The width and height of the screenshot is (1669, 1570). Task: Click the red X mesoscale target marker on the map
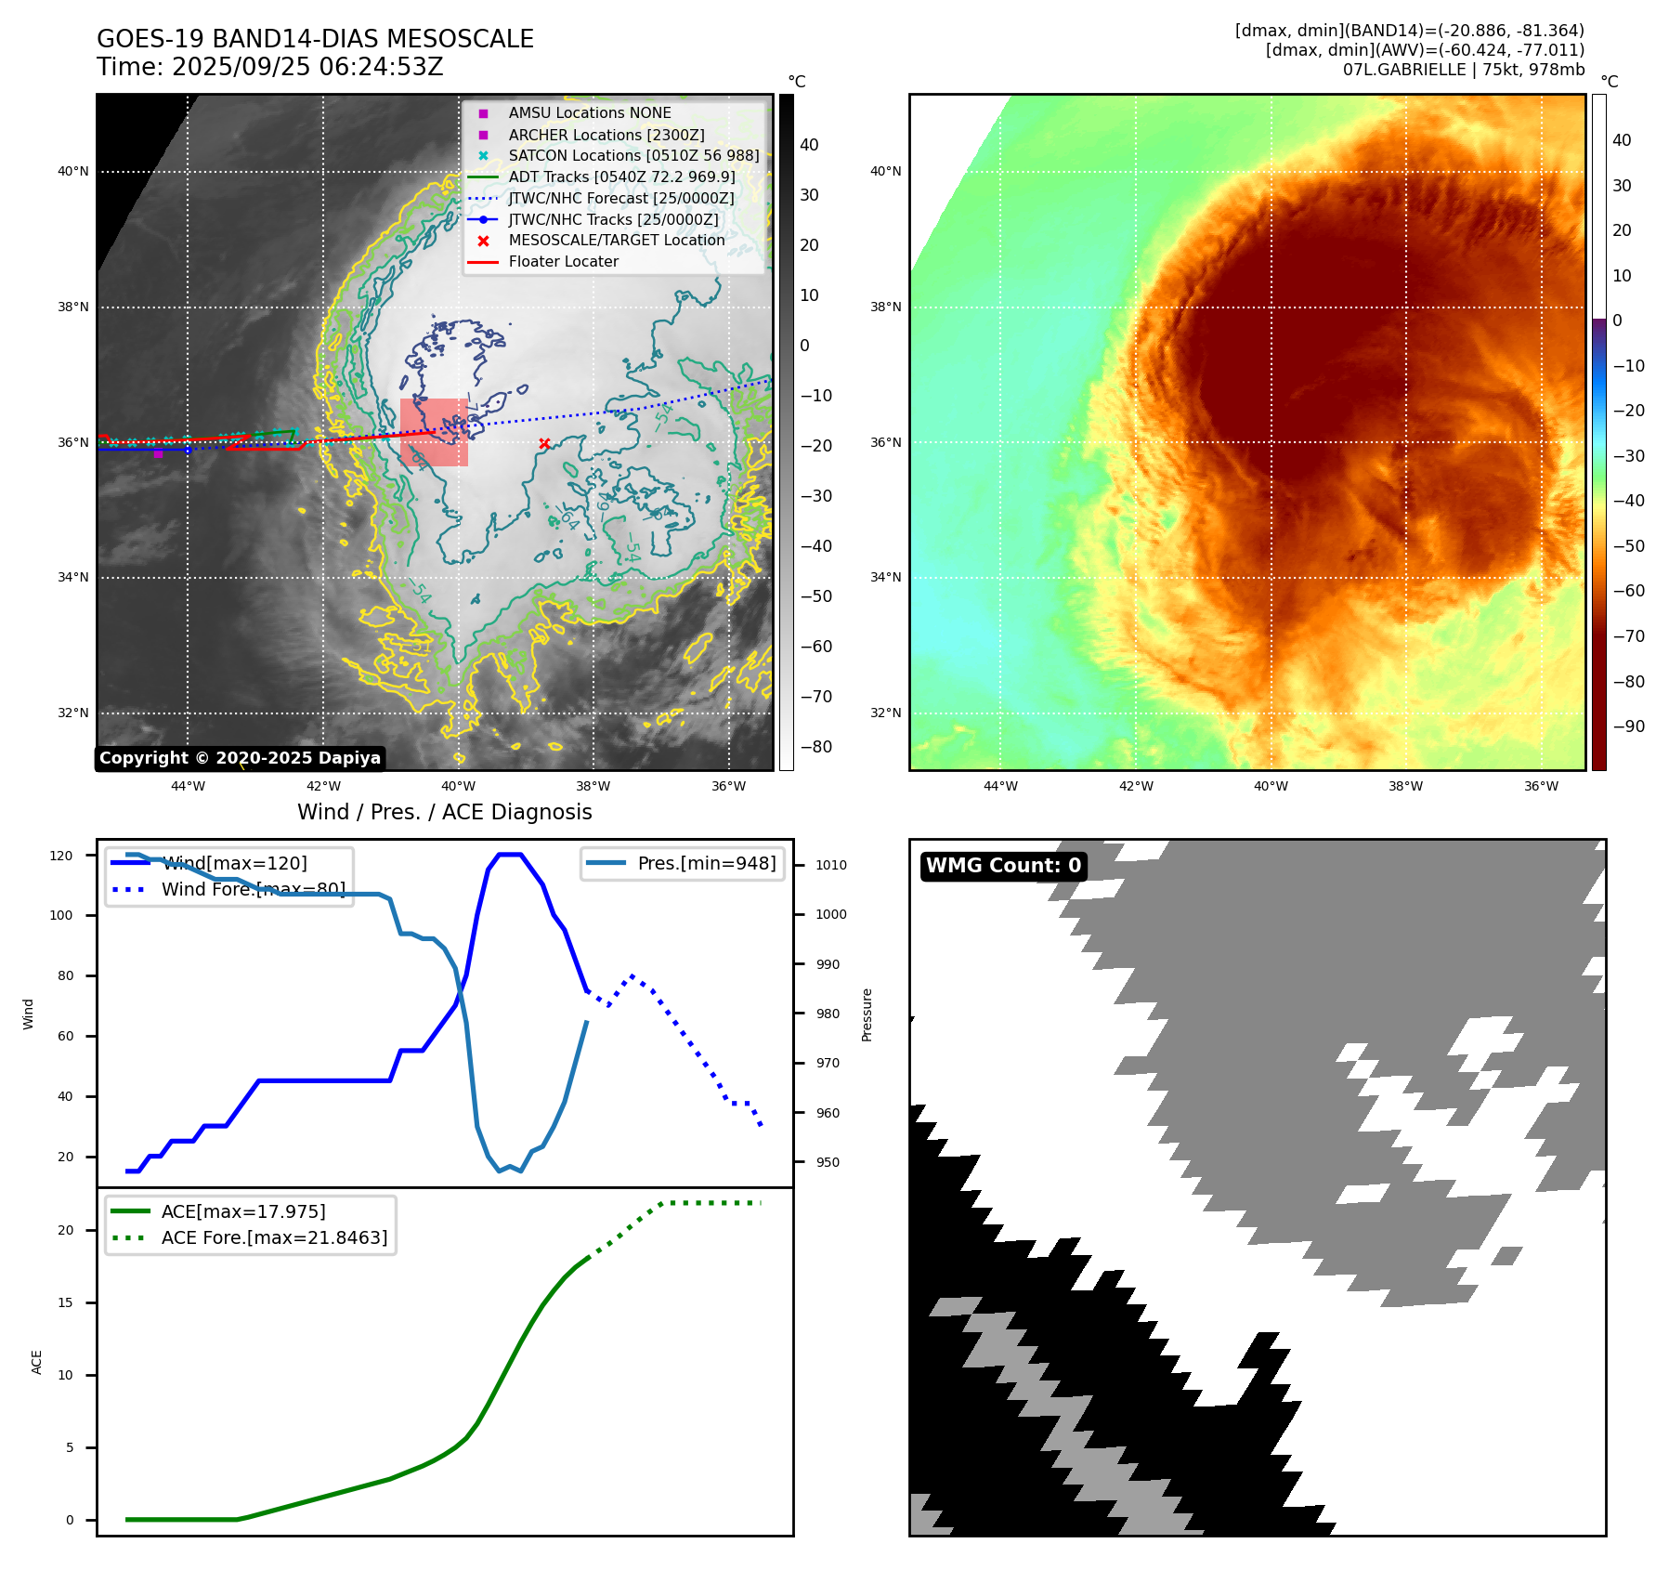coord(544,444)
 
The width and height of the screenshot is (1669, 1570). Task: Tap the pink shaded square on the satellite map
coord(434,432)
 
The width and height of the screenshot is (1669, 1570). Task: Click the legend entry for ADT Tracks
coord(621,177)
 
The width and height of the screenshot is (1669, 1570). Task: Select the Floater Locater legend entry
coord(563,262)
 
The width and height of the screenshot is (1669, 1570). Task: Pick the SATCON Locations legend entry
coord(633,155)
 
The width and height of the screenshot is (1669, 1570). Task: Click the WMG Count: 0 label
coord(1003,866)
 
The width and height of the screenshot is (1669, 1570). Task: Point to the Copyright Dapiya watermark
coord(240,758)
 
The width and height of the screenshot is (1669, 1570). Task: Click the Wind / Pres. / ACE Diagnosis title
coord(444,812)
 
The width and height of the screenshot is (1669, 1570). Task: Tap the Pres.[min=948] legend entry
coord(706,863)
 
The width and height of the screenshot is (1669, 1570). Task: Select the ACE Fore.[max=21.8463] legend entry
coord(274,1237)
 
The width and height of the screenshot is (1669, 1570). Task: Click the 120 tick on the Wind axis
coord(61,856)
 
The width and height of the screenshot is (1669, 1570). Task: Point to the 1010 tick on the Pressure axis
coord(831,865)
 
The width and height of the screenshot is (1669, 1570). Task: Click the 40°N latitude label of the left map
coord(73,172)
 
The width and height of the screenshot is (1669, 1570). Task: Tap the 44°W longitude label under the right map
coord(1000,786)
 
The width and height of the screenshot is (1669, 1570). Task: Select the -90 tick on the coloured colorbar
coord(1628,726)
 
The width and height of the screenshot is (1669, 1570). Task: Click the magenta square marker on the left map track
coord(158,453)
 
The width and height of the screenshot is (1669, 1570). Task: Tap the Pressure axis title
coord(867,1014)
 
